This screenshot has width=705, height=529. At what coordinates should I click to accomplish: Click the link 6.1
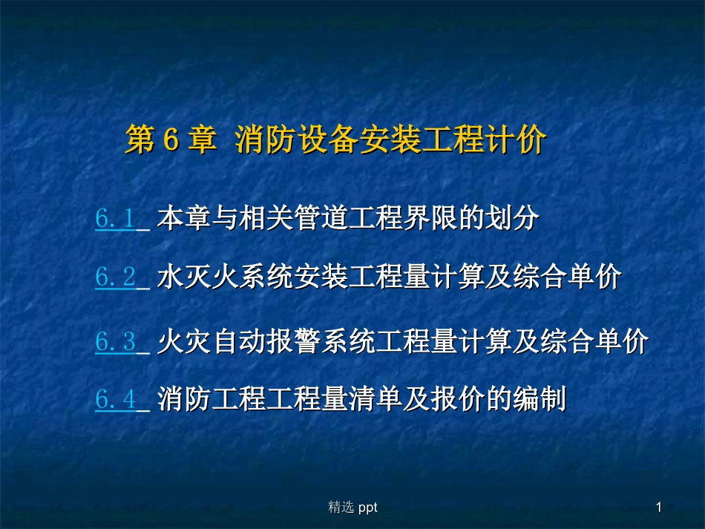(x=115, y=219)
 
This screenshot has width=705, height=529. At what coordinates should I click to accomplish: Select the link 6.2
(x=115, y=278)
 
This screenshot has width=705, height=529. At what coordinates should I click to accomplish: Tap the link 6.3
(x=115, y=342)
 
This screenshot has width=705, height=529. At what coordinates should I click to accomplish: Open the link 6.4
(x=115, y=401)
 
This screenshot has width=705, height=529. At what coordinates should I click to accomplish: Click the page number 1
(x=659, y=507)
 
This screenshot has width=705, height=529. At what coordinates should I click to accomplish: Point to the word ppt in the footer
(x=368, y=507)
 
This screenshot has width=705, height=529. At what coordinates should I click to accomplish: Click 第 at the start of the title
(x=139, y=141)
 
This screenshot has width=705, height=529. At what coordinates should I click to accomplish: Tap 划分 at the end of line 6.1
(x=518, y=219)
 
